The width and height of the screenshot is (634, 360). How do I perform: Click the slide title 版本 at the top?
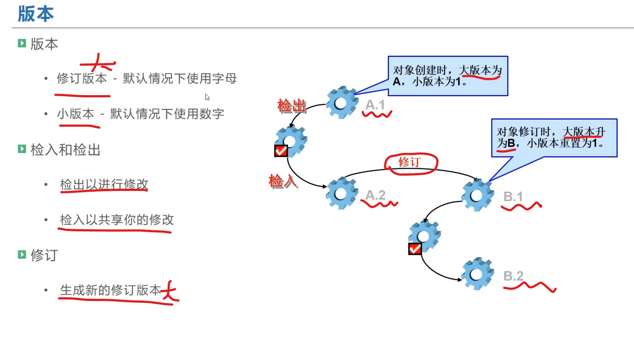[x=36, y=14]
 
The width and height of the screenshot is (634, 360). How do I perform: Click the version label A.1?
[x=375, y=105]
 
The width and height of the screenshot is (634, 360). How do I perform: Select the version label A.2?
[x=375, y=195]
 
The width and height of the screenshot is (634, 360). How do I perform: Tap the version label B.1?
[x=513, y=197]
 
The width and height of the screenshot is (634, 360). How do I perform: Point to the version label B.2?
[x=513, y=276]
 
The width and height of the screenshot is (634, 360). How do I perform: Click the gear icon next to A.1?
[x=342, y=103]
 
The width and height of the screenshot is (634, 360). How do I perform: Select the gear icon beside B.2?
[x=477, y=274]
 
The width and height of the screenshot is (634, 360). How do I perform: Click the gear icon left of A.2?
[x=342, y=193]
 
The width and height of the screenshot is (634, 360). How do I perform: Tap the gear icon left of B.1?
[x=477, y=195]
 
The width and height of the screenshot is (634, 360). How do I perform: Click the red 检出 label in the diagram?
[x=291, y=106]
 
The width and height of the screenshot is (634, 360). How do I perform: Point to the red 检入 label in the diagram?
[x=283, y=181]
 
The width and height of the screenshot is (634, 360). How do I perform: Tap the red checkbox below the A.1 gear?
[x=281, y=150]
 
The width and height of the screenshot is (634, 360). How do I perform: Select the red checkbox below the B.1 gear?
[x=415, y=249]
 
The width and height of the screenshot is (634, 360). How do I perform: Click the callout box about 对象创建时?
[x=448, y=76]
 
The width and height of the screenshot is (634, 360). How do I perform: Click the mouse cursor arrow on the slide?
[x=207, y=97]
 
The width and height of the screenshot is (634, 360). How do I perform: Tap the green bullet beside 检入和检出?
[x=22, y=149]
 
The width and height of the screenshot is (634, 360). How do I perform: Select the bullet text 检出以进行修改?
[x=104, y=184]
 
